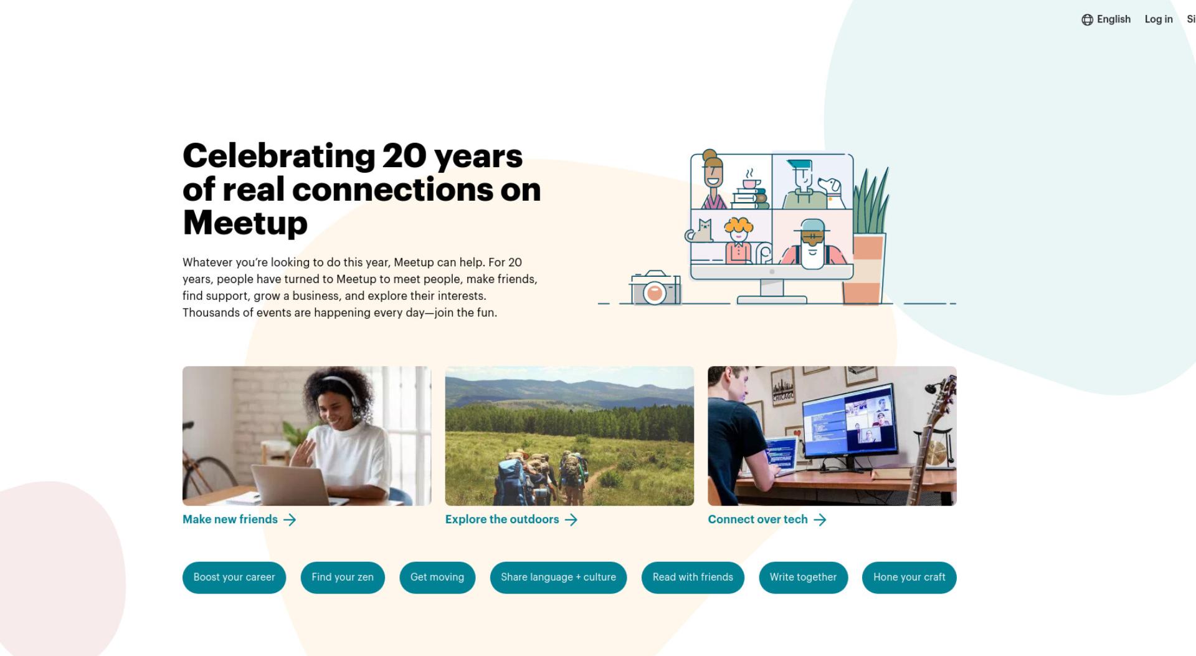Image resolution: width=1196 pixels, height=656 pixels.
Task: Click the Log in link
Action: [1159, 19]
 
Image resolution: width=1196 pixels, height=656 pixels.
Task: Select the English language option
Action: [1113, 19]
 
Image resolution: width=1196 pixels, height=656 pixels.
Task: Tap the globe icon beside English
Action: [1087, 20]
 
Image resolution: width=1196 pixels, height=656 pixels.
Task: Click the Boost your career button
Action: [234, 577]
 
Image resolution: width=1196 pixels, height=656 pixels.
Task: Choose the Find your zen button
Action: [343, 577]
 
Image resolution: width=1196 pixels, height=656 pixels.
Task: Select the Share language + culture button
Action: [558, 577]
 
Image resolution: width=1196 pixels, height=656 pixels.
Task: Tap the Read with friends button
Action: [693, 577]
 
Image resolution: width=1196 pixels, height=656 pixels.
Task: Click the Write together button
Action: [803, 577]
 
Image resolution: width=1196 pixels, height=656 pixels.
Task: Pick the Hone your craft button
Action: [909, 577]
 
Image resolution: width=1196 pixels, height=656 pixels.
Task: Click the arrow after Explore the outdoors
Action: [571, 520]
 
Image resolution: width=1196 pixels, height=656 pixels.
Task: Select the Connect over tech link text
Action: [757, 519]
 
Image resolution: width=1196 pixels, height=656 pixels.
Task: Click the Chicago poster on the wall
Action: [783, 386]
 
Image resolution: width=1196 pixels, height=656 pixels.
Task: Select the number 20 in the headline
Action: [404, 156]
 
